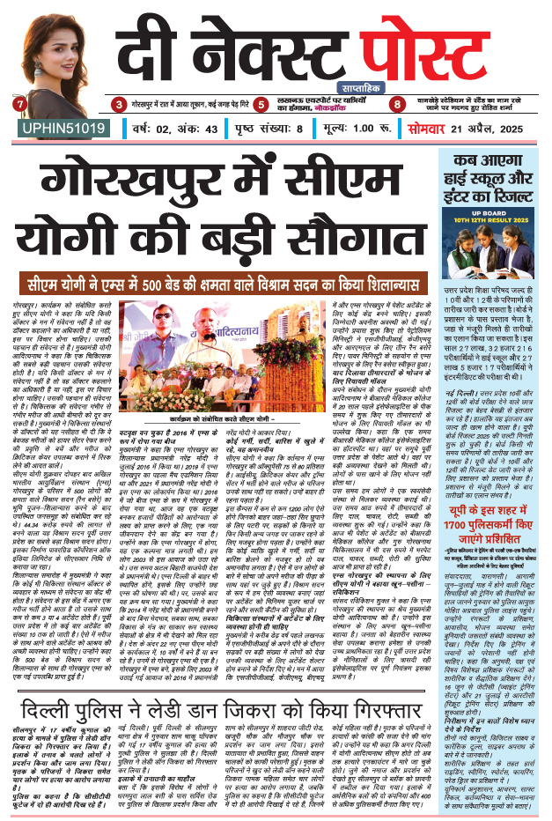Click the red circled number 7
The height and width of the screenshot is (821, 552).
(x=20, y=105)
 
